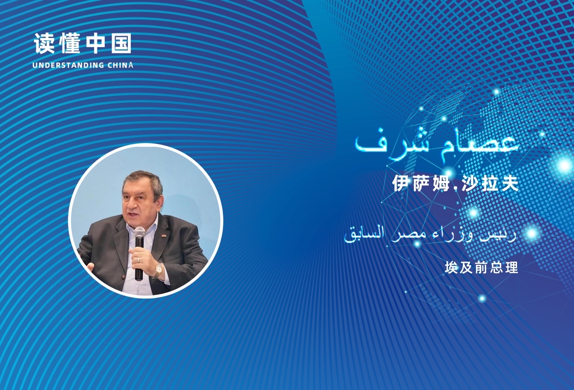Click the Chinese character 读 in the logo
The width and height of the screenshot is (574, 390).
44,44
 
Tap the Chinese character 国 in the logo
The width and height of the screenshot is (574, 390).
121,44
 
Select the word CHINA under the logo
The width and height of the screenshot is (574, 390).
121,65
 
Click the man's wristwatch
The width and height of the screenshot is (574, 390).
158,271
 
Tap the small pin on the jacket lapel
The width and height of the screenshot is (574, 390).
163,235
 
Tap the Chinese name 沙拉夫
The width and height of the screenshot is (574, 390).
490,183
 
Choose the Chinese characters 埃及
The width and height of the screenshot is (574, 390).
457,268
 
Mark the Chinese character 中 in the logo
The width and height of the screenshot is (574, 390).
96,44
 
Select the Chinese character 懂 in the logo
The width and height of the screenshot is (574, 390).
70,44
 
